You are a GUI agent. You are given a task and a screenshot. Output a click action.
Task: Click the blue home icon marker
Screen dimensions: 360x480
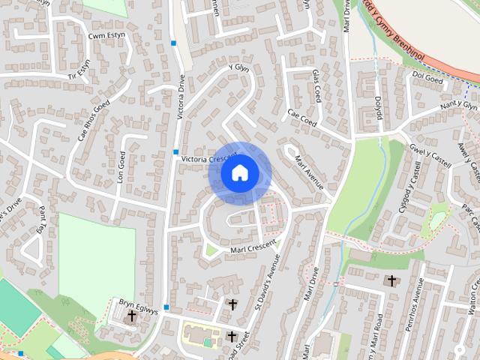pyautogui.click(x=239, y=173)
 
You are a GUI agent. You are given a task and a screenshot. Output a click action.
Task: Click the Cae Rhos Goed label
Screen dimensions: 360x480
pyautogui.click(x=94, y=120)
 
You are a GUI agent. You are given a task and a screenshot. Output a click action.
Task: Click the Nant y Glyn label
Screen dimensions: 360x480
pyautogui.click(x=458, y=107)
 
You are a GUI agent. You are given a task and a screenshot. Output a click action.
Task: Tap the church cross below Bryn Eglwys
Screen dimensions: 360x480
pyautogui.click(x=132, y=316)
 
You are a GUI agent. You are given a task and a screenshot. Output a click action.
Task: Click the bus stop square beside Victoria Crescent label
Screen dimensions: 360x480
pyautogui.click(x=175, y=152)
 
